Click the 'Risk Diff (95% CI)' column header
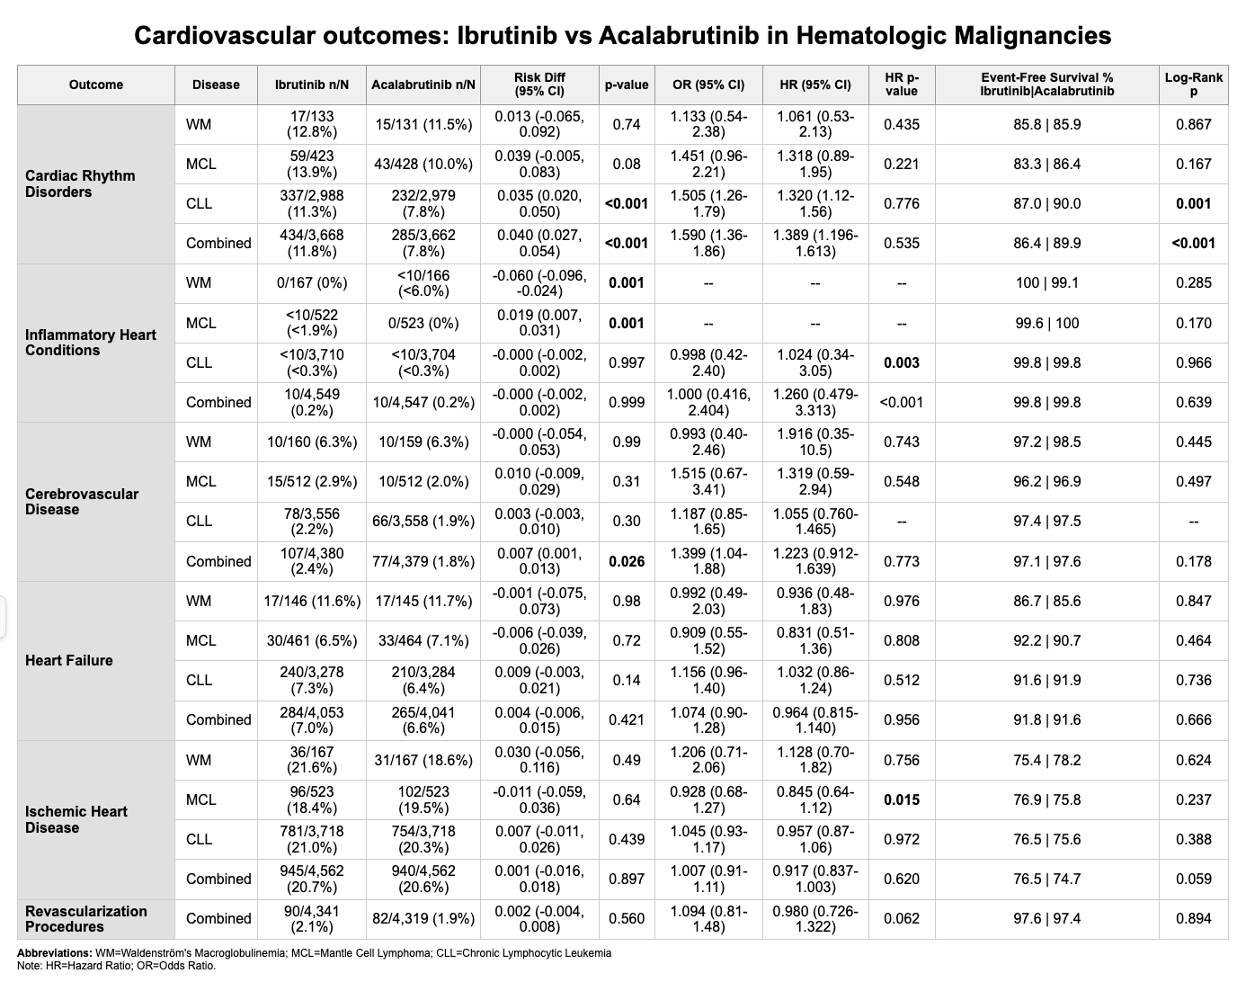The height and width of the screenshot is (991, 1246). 539,85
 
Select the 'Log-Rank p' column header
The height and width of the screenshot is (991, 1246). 1193,85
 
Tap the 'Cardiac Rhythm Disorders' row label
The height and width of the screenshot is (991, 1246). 80,183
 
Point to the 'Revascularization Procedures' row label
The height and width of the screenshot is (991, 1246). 85,918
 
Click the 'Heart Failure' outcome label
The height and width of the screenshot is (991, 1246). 69,660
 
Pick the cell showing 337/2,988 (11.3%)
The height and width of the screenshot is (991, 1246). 311,203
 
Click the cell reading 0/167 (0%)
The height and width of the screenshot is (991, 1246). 311,282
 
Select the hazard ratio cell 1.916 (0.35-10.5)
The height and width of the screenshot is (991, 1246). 814,442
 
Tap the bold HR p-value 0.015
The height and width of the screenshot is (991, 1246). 901,799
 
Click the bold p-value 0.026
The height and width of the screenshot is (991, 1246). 626,561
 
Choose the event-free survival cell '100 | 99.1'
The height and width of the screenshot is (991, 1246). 1046,282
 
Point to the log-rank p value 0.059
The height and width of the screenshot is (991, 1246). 1193,879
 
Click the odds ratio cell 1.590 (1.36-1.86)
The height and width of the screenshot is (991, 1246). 708,243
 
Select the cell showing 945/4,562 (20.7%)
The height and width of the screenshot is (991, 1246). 311,879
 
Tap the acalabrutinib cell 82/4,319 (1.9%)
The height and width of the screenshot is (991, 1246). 423,918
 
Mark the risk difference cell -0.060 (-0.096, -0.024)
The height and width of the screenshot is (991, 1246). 539,282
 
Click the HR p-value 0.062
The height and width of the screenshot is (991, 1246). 901,918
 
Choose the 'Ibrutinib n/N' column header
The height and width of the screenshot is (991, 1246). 311,85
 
